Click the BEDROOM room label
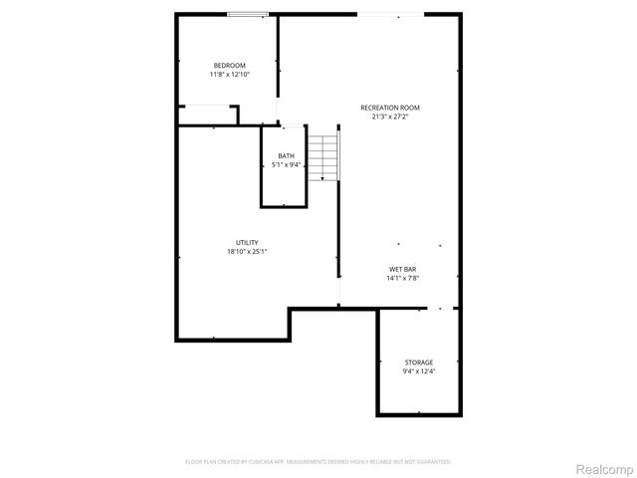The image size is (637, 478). pyautogui.click(x=229, y=66)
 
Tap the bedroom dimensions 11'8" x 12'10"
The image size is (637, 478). pyautogui.click(x=229, y=75)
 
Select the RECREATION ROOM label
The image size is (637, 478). pyautogui.click(x=390, y=108)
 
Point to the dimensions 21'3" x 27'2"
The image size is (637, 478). pyautogui.click(x=390, y=117)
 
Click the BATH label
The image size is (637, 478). pyautogui.click(x=286, y=156)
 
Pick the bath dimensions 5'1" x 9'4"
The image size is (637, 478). pyautogui.click(x=286, y=165)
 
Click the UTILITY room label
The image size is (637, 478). pyautogui.click(x=247, y=243)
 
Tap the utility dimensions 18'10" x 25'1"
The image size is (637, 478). pyautogui.click(x=247, y=252)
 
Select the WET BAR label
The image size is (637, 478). pyautogui.click(x=402, y=270)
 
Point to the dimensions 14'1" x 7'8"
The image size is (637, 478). pyautogui.click(x=402, y=279)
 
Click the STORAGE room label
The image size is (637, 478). pyautogui.click(x=418, y=362)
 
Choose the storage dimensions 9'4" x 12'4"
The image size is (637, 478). pyautogui.click(x=418, y=371)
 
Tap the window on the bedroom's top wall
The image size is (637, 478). pyautogui.click(x=247, y=14)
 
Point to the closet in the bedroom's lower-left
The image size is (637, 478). pyautogui.click(x=207, y=114)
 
